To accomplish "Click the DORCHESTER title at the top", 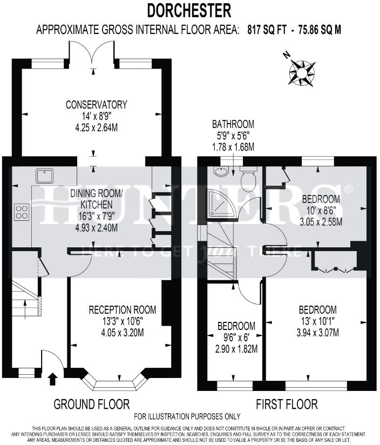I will pyautogui.click(x=189, y=10).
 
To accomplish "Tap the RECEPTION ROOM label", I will pyautogui.click(x=123, y=310).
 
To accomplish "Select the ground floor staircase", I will pyautogui.click(x=25, y=300).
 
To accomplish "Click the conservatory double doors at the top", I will pyautogui.click(x=92, y=54).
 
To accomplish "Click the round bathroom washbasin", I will pyautogui.click(x=220, y=172).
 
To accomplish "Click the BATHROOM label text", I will pyautogui.click(x=233, y=123).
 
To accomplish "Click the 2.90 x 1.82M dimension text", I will pyautogui.click(x=236, y=349).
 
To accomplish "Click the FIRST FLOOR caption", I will pyautogui.click(x=287, y=404).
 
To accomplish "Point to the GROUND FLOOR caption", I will pyautogui.click(x=91, y=404).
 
